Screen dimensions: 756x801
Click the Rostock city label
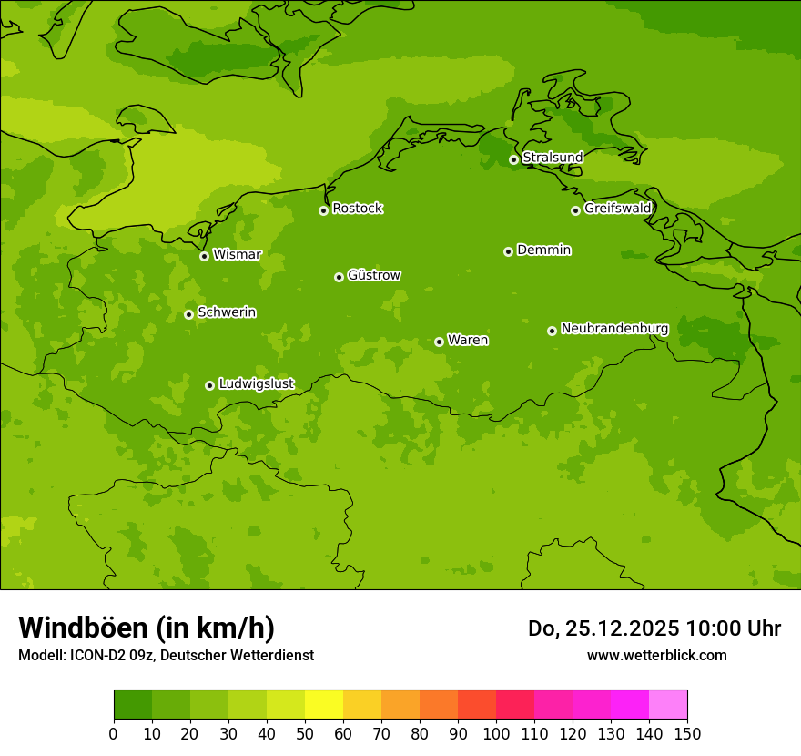[x=357, y=209]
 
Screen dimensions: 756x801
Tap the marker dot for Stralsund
[x=513, y=159]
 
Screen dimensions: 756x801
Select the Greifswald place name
[x=617, y=209]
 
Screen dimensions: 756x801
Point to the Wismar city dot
[x=204, y=256]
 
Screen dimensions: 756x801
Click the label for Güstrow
[x=373, y=275]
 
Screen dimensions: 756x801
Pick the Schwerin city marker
[x=188, y=314]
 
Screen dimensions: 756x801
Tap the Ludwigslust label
[x=256, y=383]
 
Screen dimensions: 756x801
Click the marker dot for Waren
[x=439, y=342]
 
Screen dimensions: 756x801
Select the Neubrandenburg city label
[x=614, y=328]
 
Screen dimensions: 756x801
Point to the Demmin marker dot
[x=508, y=251]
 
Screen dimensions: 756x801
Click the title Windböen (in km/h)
[x=147, y=628]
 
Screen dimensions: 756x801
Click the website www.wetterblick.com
[x=656, y=655]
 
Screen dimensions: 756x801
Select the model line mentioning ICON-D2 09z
[x=166, y=655]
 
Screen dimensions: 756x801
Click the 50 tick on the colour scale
[x=305, y=733]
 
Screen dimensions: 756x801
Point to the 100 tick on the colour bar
[x=496, y=733]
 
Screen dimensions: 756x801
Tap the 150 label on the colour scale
[x=687, y=733]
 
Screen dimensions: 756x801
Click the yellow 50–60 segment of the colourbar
[x=324, y=705]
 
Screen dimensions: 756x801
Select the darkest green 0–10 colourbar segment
[x=133, y=705]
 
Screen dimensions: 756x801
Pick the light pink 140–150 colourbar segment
[x=668, y=705]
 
